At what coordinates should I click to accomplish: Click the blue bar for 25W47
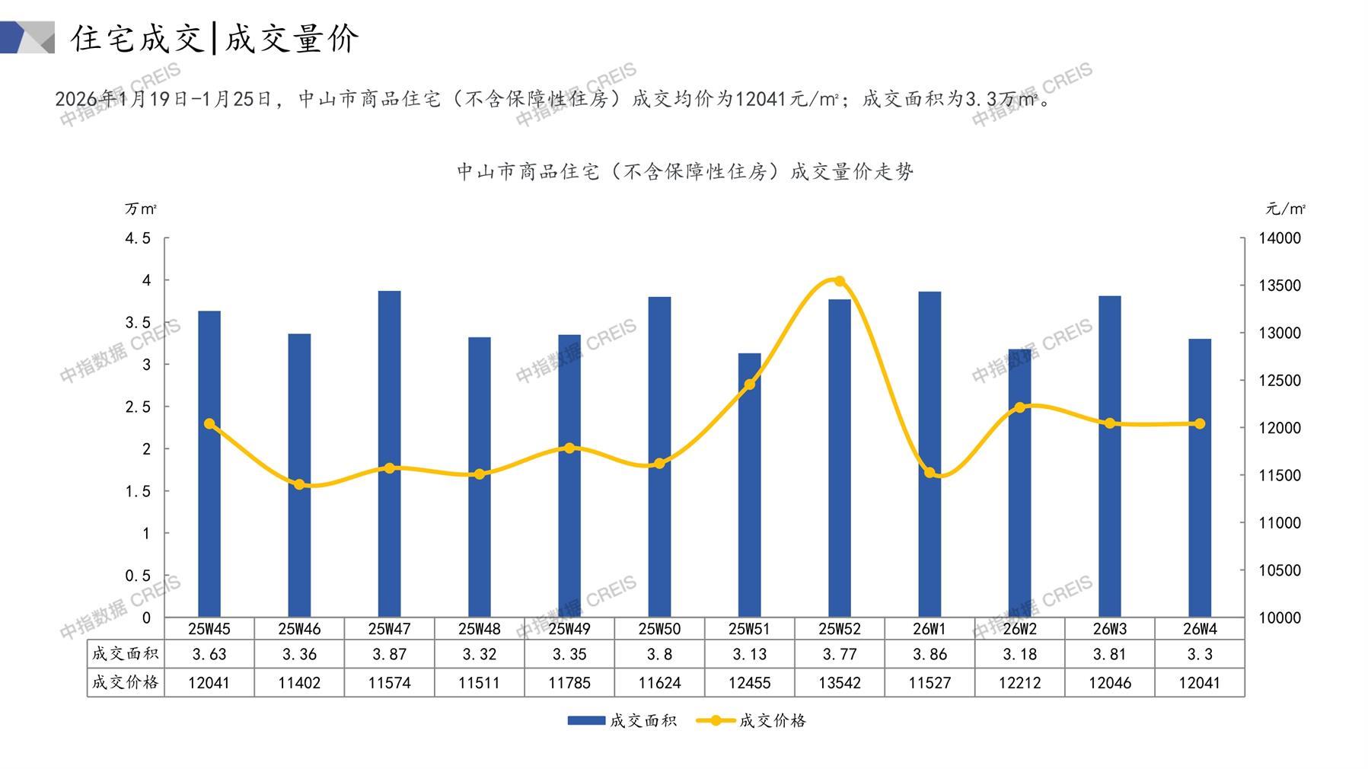click(389, 454)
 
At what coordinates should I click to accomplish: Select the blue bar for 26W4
click(1199, 478)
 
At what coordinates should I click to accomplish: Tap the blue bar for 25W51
click(749, 485)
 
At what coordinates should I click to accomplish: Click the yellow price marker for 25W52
click(840, 281)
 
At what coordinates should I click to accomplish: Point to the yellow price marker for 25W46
click(299, 485)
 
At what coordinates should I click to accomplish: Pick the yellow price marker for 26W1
click(930, 473)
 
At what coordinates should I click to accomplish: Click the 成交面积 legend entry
click(622, 720)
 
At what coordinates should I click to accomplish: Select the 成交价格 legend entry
click(751, 720)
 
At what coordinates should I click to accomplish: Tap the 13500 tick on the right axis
click(1280, 286)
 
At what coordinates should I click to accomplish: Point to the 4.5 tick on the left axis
click(138, 238)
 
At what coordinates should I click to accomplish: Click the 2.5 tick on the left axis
click(138, 407)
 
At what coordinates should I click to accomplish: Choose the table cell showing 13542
click(840, 683)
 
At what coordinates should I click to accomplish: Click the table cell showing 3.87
click(389, 654)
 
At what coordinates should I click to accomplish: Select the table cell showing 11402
click(299, 683)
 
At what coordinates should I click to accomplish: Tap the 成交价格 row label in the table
click(126, 683)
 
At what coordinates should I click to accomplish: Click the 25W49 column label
click(569, 629)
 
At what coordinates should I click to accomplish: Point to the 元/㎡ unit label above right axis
click(1286, 209)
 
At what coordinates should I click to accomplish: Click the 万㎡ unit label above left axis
click(141, 209)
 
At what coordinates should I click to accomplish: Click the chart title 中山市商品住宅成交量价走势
click(685, 172)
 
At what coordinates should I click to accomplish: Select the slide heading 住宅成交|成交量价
click(215, 38)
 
